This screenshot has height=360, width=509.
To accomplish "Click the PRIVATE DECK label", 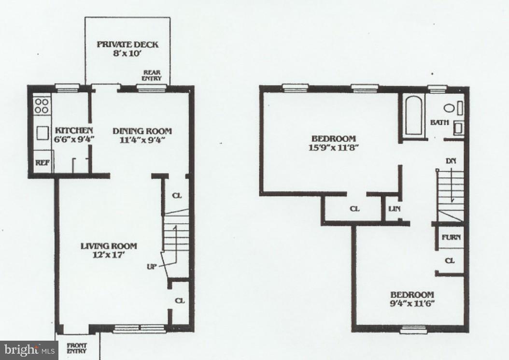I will [x=127, y=44].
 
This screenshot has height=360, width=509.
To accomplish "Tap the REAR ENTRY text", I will [x=152, y=75].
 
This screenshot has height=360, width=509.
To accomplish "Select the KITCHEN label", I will [x=73, y=130].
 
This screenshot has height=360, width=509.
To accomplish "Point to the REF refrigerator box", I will [x=42, y=163].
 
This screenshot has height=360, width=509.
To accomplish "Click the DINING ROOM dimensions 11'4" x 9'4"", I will [x=142, y=140].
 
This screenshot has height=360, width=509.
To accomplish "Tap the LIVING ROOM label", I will [x=108, y=246].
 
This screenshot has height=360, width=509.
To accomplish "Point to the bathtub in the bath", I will [x=413, y=116].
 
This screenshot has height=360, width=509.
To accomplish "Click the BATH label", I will [x=439, y=123].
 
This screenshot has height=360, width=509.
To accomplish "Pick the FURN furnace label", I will [x=451, y=237].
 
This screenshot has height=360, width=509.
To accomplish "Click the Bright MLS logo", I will [x=29, y=350].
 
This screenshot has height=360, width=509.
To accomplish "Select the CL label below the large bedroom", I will [x=355, y=209].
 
